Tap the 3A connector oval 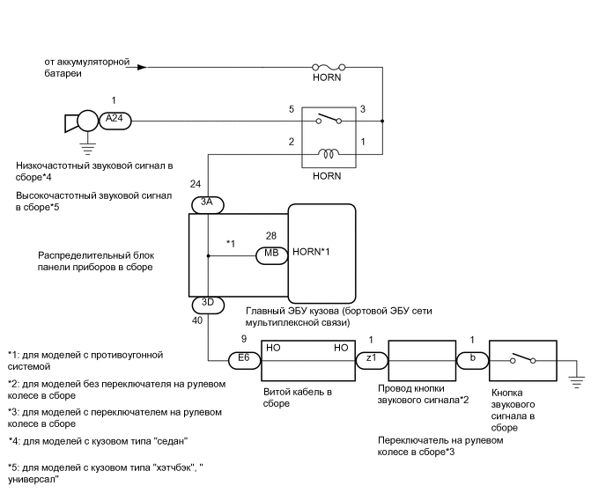point(208,204)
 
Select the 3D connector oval point(208,304)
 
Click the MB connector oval point(270,255)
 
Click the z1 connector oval point(370,359)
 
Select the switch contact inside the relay point(328,120)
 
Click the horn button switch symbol point(522,359)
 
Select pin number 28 point(270,236)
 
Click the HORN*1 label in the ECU point(311,254)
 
